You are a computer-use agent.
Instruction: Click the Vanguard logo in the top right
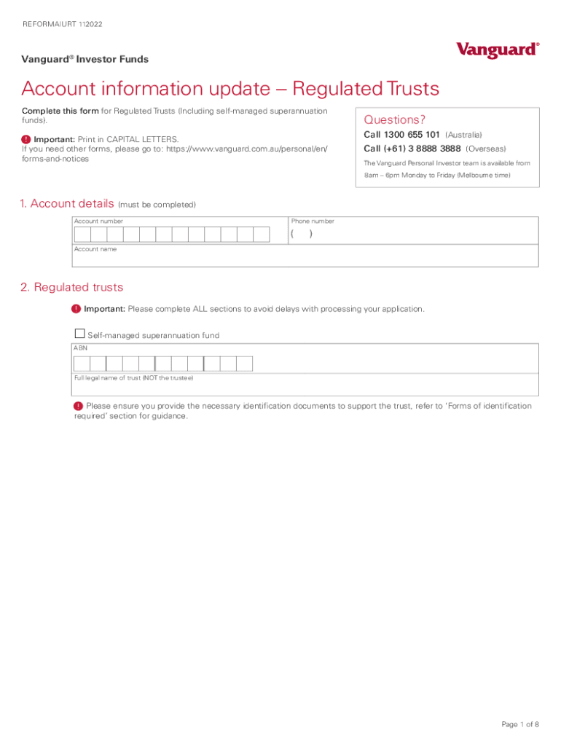498,50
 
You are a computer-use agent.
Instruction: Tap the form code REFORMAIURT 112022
62,24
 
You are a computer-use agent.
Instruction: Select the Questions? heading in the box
394,119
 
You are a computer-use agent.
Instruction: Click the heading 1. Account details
68,204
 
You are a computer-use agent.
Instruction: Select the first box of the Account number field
82,235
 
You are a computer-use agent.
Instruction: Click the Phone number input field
413,235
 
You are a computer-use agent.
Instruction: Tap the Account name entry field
306,259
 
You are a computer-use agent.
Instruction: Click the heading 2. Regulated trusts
72,287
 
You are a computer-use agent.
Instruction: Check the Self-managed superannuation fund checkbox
79,334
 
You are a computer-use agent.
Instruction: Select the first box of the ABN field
82,364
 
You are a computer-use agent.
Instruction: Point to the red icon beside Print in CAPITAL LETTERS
26,139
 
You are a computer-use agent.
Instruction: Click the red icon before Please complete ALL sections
76,309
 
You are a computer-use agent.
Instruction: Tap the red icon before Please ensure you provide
78,406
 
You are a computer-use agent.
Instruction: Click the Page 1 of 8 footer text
519,724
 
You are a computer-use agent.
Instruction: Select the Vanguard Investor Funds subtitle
85,60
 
